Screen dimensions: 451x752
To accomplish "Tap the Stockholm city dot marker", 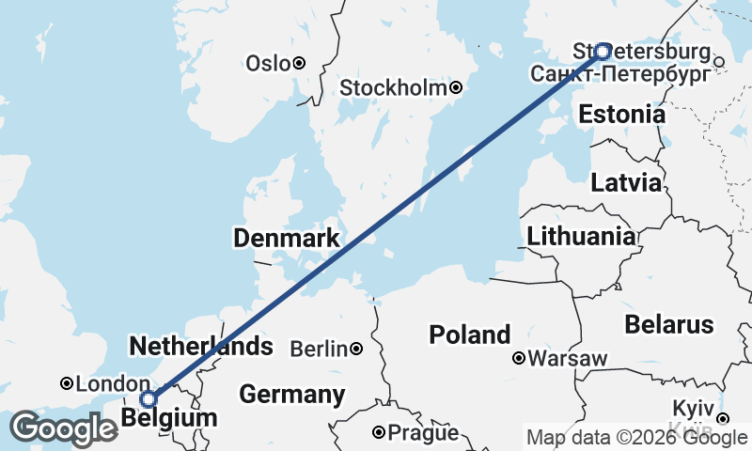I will coord(456,88).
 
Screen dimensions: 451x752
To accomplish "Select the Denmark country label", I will coord(286,240).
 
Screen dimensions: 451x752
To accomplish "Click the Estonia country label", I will coord(622,115).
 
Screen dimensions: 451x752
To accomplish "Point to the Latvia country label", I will coord(626,183).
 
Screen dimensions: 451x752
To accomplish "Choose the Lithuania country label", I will coord(581,237).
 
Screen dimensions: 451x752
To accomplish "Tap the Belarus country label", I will coord(670,325).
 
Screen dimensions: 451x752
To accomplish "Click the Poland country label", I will coord(470,334).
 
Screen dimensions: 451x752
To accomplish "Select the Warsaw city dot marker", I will coord(519,358).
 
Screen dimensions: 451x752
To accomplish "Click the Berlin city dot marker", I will coord(356,350).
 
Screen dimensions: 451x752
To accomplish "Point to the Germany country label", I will coord(291,395).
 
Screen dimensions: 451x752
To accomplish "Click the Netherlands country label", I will coord(201,346).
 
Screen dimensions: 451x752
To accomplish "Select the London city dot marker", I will coord(67,383).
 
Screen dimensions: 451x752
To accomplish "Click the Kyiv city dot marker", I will coord(722,418).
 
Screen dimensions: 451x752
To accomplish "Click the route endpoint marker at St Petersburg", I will coord(603,52).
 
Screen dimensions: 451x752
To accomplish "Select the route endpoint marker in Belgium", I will coord(148,399).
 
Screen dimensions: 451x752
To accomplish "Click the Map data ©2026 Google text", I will coord(635,437).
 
